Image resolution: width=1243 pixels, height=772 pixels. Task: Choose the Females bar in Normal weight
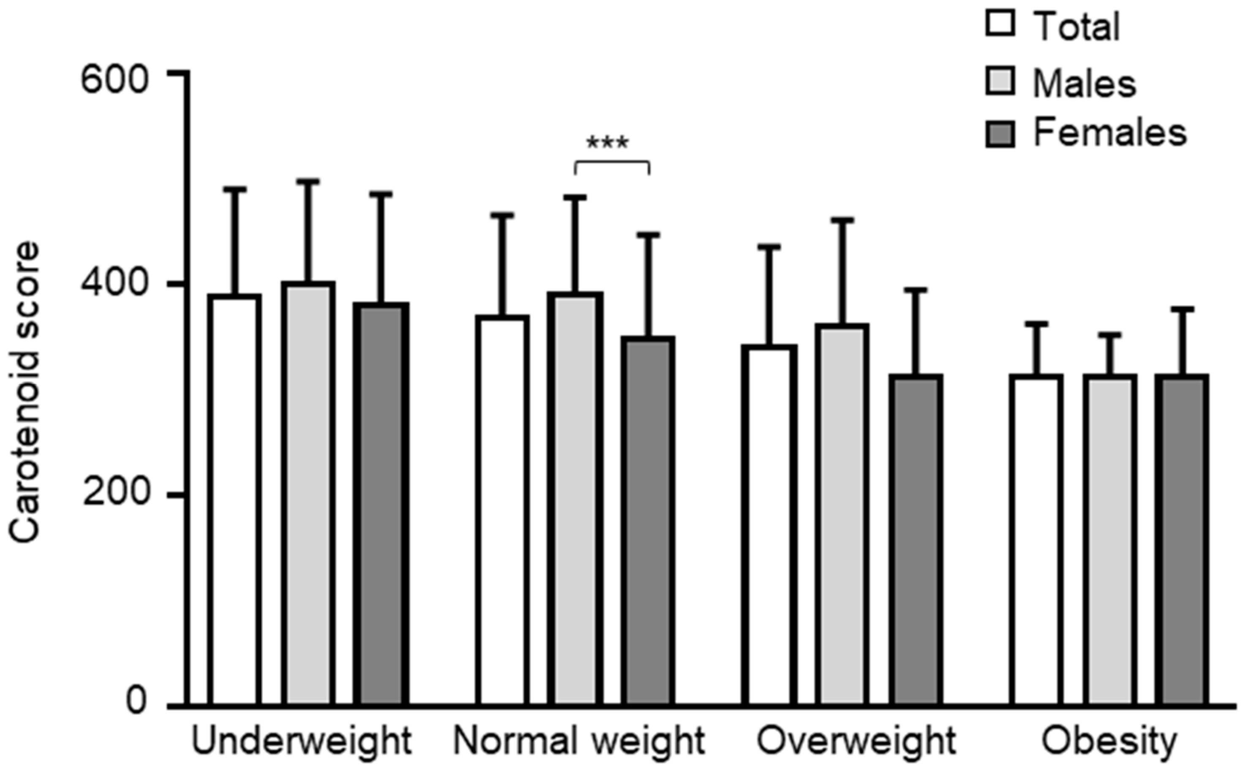click(648, 521)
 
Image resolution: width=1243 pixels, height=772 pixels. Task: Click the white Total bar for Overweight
click(769, 526)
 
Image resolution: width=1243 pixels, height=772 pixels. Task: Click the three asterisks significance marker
click(608, 143)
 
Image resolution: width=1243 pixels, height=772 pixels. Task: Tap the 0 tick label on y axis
click(136, 702)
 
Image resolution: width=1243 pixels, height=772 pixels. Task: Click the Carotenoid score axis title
click(25, 391)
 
